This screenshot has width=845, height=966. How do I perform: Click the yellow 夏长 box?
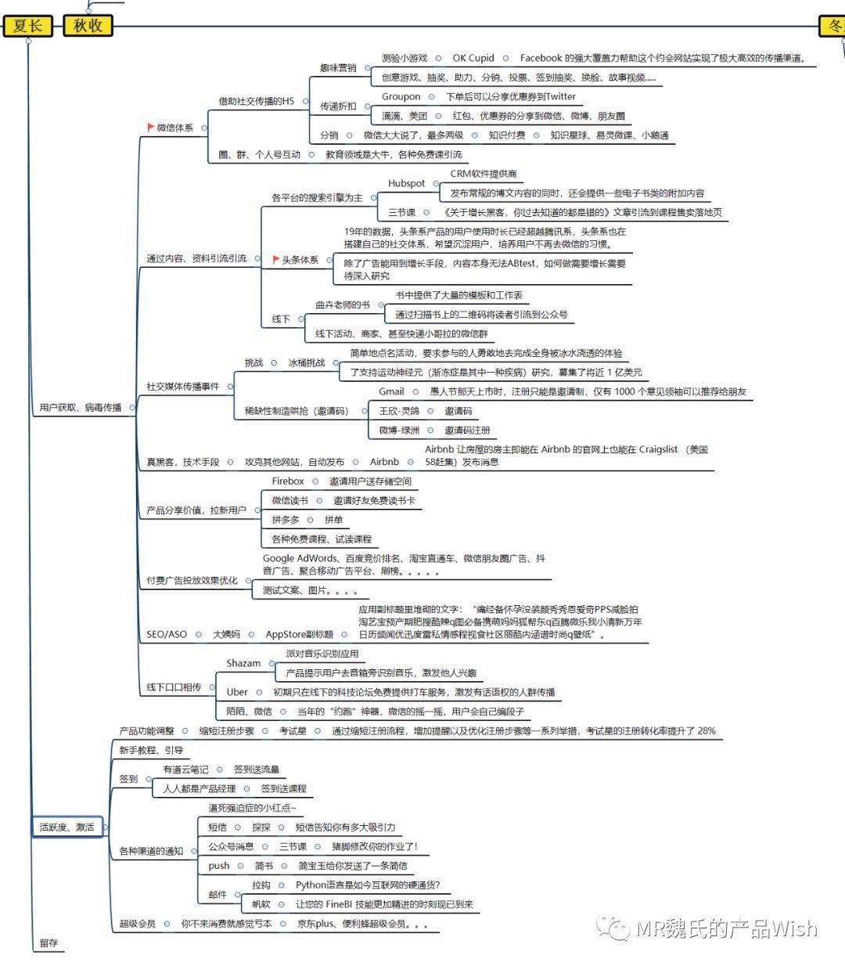coord(27,25)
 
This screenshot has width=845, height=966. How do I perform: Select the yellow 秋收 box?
coord(88,25)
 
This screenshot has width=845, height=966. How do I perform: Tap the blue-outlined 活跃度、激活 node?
coord(67,827)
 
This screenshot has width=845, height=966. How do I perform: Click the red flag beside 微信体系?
coord(150,127)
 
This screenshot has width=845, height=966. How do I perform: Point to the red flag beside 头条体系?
coord(275,259)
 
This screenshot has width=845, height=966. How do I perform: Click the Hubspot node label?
coord(406,183)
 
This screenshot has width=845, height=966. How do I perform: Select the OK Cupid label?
coord(473,58)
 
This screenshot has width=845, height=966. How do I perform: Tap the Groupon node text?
coord(401,96)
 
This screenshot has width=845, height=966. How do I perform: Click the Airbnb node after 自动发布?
coord(384,462)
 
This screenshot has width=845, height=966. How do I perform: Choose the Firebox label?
coord(287,481)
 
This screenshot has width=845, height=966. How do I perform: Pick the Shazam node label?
coord(243,663)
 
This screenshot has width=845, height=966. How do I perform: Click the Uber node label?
coord(237,692)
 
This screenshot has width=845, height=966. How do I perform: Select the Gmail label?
coord(391,391)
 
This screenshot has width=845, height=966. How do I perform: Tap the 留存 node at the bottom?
coord(49,943)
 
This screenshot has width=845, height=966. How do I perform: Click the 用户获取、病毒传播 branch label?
coord(81,407)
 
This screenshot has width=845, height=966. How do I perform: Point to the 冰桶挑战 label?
coord(306,362)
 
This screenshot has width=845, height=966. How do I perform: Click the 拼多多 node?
coord(286,520)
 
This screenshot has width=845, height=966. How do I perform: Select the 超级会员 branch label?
coord(137,924)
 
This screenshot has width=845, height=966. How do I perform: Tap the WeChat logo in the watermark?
coord(613,928)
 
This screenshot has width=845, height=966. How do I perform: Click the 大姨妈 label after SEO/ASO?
coord(226,634)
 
